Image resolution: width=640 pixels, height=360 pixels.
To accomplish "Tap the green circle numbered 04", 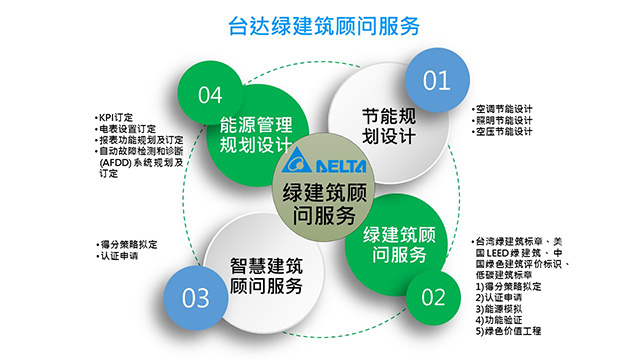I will (211, 95).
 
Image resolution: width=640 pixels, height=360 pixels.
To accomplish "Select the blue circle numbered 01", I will (436, 81).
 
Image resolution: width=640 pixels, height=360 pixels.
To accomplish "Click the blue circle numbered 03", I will (196, 298).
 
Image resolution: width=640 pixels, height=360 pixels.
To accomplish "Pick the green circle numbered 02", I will (432, 297).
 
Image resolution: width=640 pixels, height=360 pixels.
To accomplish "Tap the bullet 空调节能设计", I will (505, 109).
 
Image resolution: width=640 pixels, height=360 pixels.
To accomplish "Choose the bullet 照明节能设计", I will (505, 121).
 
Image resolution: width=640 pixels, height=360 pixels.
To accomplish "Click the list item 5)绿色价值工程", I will (510, 332).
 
